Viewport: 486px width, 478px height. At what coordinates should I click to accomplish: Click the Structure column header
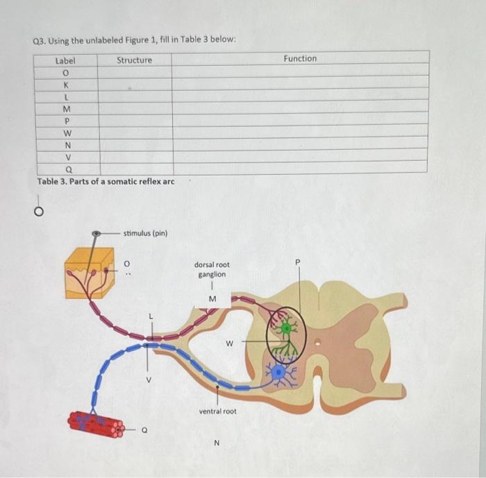pyautogui.click(x=134, y=60)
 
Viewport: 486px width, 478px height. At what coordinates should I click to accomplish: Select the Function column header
pyautogui.click(x=300, y=59)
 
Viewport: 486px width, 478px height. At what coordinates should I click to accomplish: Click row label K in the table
pyautogui.click(x=66, y=85)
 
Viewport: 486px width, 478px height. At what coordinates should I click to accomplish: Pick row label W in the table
pyautogui.click(x=67, y=133)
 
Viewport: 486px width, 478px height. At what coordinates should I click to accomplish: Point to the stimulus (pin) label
pyautogui.click(x=145, y=233)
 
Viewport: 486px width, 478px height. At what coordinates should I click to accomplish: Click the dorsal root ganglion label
pyautogui.click(x=212, y=269)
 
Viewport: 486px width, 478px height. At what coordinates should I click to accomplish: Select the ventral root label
pyautogui.click(x=217, y=411)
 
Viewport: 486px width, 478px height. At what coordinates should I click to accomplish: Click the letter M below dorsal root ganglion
pyautogui.click(x=212, y=299)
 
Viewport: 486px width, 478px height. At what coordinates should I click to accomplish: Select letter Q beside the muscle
pyautogui.click(x=144, y=429)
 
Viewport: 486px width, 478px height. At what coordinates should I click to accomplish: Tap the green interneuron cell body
pyautogui.click(x=285, y=327)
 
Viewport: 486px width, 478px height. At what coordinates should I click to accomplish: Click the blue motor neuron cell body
pyautogui.click(x=279, y=372)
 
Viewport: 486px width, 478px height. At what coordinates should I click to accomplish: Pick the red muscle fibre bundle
pyautogui.click(x=96, y=424)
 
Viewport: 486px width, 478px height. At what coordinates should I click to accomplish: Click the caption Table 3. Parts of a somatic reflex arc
pyautogui.click(x=106, y=182)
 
